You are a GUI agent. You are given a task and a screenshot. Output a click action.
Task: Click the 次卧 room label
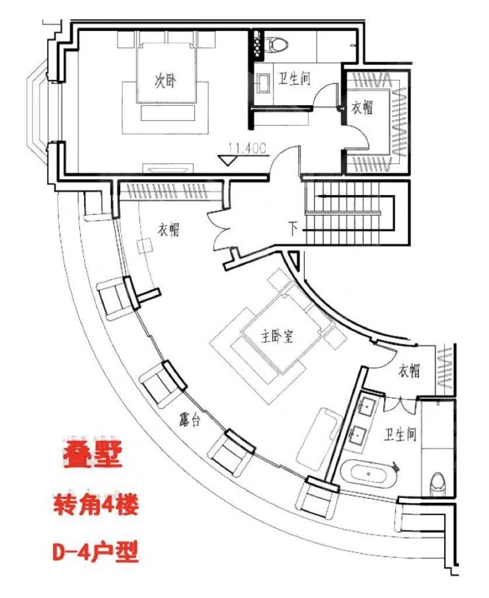(x=165, y=81)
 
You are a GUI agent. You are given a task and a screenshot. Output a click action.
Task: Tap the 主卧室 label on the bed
(x=277, y=336)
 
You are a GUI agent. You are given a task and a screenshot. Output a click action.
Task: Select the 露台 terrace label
(x=190, y=419)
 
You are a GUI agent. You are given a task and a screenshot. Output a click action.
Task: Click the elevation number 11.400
(x=248, y=148)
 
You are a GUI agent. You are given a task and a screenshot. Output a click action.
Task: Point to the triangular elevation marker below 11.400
(x=228, y=160)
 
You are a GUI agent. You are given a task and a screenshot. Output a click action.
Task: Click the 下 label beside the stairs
(x=293, y=229)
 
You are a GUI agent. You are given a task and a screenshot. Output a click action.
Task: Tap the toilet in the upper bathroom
(x=277, y=44)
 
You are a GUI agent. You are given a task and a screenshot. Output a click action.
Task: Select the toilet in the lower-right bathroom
(x=438, y=484)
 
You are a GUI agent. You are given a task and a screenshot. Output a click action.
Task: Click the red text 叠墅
(x=93, y=454)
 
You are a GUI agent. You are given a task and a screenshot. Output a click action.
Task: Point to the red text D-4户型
(x=95, y=552)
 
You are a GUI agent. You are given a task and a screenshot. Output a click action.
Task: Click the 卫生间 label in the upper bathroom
(x=294, y=79)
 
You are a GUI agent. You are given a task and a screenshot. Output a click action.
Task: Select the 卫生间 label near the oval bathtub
(x=400, y=435)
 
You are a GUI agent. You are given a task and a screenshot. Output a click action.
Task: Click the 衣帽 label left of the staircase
(x=169, y=230)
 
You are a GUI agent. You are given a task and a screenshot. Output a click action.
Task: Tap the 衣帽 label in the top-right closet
(x=362, y=108)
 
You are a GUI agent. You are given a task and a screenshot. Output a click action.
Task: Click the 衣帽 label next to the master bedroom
(x=409, y=370)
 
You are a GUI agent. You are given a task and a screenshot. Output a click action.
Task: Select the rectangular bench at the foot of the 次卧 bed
(x=168, y=113)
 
